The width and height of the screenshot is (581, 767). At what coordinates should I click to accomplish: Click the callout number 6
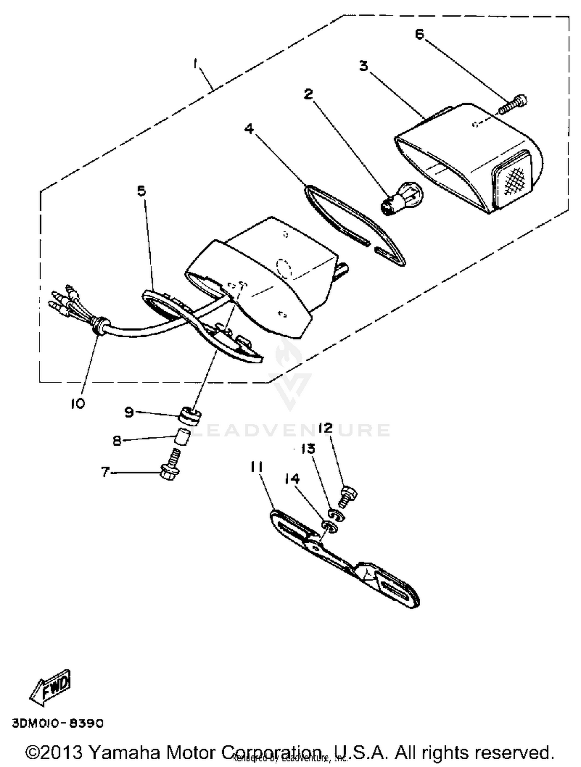tap(419, 34)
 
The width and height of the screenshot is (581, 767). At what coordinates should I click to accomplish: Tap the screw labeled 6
tap(513, 104)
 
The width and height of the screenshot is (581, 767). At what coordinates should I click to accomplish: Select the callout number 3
tap(363, 66)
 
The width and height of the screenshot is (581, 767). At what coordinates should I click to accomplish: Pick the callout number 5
tap(142, 191)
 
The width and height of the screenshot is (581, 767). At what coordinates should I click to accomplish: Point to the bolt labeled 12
tap(348, 497)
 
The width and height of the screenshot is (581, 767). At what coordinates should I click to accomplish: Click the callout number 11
tap(256, 467)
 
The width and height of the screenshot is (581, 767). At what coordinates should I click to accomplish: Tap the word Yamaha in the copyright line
tap(125, 752)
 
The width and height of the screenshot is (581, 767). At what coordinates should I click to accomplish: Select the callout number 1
tap(196, 63)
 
